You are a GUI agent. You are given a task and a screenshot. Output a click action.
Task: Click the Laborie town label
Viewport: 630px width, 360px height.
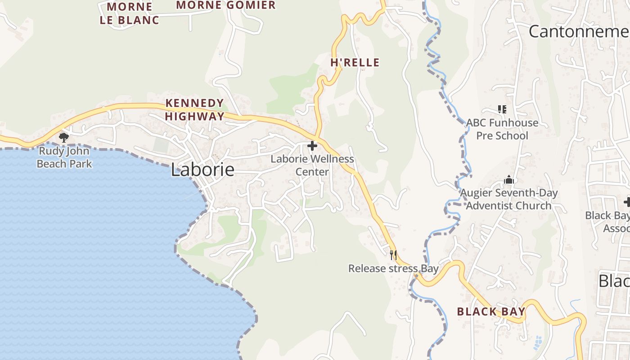(202, 170)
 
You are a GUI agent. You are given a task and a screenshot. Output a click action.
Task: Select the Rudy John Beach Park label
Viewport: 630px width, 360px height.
(64, 157)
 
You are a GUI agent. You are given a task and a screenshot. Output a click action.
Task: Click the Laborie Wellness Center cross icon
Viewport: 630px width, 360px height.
(312, 146)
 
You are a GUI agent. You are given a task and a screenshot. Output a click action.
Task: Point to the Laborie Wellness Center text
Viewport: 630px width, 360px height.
(312, 165)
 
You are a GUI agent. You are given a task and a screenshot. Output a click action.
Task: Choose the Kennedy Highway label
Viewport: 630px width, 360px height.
(194, 109)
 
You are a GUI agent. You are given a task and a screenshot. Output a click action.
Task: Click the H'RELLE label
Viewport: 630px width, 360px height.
(355, 63)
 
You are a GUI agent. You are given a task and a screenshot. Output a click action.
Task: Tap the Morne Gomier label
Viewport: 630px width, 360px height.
(225, 5)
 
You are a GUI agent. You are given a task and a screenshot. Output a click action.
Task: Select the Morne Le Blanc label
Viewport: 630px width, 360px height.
(129, 13)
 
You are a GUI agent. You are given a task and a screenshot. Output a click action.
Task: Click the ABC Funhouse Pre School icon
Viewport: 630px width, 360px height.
(502, 109)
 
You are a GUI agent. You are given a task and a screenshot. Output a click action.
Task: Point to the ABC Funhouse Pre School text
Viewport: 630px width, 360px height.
(502, 129)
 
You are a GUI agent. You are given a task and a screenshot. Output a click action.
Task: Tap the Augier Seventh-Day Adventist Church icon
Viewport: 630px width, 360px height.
(509, 180)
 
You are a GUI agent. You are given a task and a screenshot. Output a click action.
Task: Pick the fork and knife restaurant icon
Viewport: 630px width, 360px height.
(393, 255)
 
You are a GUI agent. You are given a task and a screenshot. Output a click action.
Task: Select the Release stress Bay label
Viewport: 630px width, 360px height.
(393, 269)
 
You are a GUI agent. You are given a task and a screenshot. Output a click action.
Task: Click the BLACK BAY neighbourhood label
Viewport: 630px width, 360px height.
(491, 311)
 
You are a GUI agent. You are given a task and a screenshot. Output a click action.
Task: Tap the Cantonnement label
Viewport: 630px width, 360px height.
(579, 31)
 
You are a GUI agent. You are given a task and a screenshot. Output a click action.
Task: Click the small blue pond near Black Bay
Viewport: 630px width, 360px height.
(538, 343)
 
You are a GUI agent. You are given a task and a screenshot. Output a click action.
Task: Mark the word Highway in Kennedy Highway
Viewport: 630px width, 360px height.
(194, 116)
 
